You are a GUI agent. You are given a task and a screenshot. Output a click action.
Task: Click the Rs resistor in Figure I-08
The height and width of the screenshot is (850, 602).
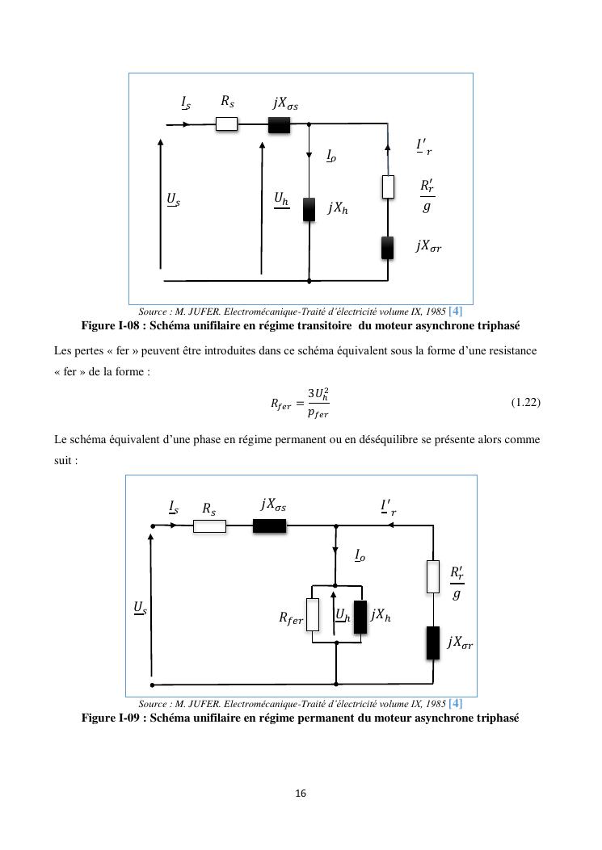(226, 124)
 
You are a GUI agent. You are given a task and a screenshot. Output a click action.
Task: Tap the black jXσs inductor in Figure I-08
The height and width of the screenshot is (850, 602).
(279, 125)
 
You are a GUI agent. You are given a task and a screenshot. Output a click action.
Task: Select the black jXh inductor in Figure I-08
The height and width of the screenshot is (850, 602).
(309, 210)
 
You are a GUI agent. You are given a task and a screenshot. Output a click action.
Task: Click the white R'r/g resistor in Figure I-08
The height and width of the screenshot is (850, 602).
(388, 186)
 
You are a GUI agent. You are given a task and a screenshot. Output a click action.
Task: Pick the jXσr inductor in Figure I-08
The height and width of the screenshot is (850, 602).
(388, 248)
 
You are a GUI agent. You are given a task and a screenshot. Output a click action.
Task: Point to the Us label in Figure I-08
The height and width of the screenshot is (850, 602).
(173, 199)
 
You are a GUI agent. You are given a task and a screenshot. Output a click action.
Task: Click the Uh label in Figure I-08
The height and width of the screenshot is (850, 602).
(281, 199)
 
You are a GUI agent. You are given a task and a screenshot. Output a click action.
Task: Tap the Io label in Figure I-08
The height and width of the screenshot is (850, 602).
(331, 156)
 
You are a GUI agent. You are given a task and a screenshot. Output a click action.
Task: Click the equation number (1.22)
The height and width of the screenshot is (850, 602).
(526, 402)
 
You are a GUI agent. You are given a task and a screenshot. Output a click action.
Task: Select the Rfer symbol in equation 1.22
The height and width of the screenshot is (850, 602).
(280, 404)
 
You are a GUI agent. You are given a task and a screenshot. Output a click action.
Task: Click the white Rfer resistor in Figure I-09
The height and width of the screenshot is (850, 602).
(313, 615)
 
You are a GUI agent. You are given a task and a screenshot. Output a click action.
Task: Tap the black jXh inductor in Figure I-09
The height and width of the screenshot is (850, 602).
(360, 617)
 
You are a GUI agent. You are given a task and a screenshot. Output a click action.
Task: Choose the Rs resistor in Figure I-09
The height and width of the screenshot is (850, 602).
(209, 525)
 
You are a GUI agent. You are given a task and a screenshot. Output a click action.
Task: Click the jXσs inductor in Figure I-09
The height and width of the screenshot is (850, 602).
(269, 525)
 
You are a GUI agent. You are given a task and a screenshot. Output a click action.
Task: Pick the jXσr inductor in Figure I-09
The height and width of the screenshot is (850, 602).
(432, 643)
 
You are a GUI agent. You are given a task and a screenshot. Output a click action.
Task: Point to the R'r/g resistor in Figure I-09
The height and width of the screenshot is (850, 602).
(432, 577)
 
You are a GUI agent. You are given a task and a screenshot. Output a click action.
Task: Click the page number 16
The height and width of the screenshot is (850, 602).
(301, 793)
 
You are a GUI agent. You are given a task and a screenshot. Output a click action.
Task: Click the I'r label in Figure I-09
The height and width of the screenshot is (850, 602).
(388, 508)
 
